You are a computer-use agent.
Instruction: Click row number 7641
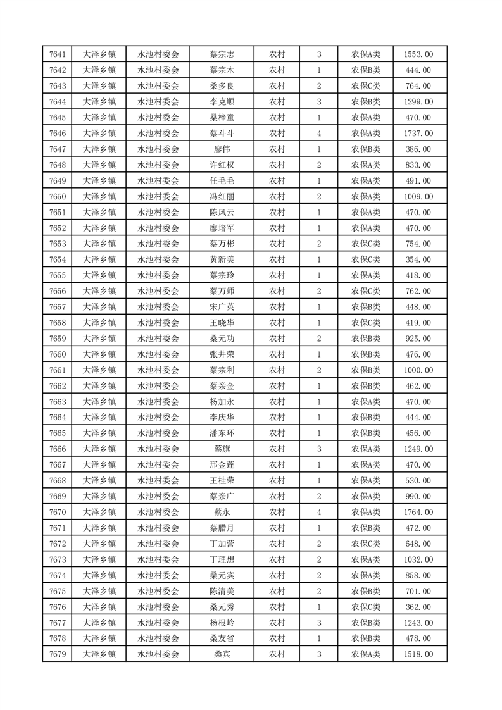[58, 54]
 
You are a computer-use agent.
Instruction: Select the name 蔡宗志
[222, 54]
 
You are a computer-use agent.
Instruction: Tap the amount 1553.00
[418, 54]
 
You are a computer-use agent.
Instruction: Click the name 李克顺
[222, 102]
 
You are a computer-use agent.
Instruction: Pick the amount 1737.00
[418, 134]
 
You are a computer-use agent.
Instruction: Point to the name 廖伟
[222, 149]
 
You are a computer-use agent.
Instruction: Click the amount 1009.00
[418, 197]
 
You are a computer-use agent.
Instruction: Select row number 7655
[58, 275]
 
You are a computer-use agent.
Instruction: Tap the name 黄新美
[222, 259]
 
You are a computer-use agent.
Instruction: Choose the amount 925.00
[418, 339]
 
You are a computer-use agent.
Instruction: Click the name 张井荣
[222, 354]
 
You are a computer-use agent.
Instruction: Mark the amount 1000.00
[418, 370]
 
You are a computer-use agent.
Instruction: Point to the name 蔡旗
[222, 449]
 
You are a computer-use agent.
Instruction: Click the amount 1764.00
[418, 512]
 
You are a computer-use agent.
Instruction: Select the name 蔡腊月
[222, 528]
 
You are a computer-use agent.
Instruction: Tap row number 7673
[58, 559]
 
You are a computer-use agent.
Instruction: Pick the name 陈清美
[222, 591]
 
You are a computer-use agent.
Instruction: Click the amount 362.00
[418, 607]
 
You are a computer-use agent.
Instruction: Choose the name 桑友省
[222, 638]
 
